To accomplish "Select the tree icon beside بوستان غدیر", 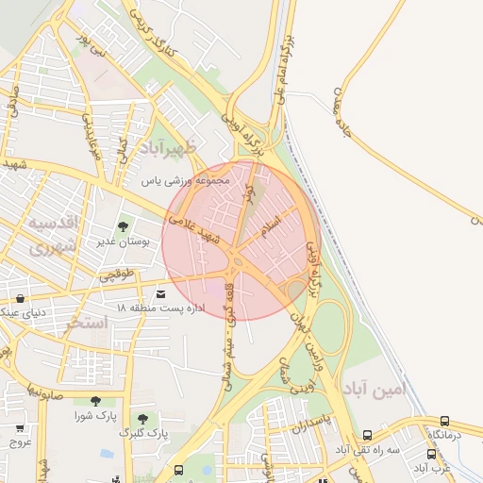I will tap(123, 226).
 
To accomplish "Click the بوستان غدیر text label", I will tap(120, 242).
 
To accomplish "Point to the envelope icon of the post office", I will tap(160, 294).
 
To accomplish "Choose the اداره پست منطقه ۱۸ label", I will tap(147, 308).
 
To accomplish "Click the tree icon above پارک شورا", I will tap(95, 401).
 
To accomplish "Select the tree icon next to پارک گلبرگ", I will tap(142, 418).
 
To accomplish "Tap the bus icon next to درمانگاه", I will tap(444, 421).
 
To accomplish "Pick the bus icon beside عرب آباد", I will tap(431, 454).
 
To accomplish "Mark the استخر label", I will tap(87, 323).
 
